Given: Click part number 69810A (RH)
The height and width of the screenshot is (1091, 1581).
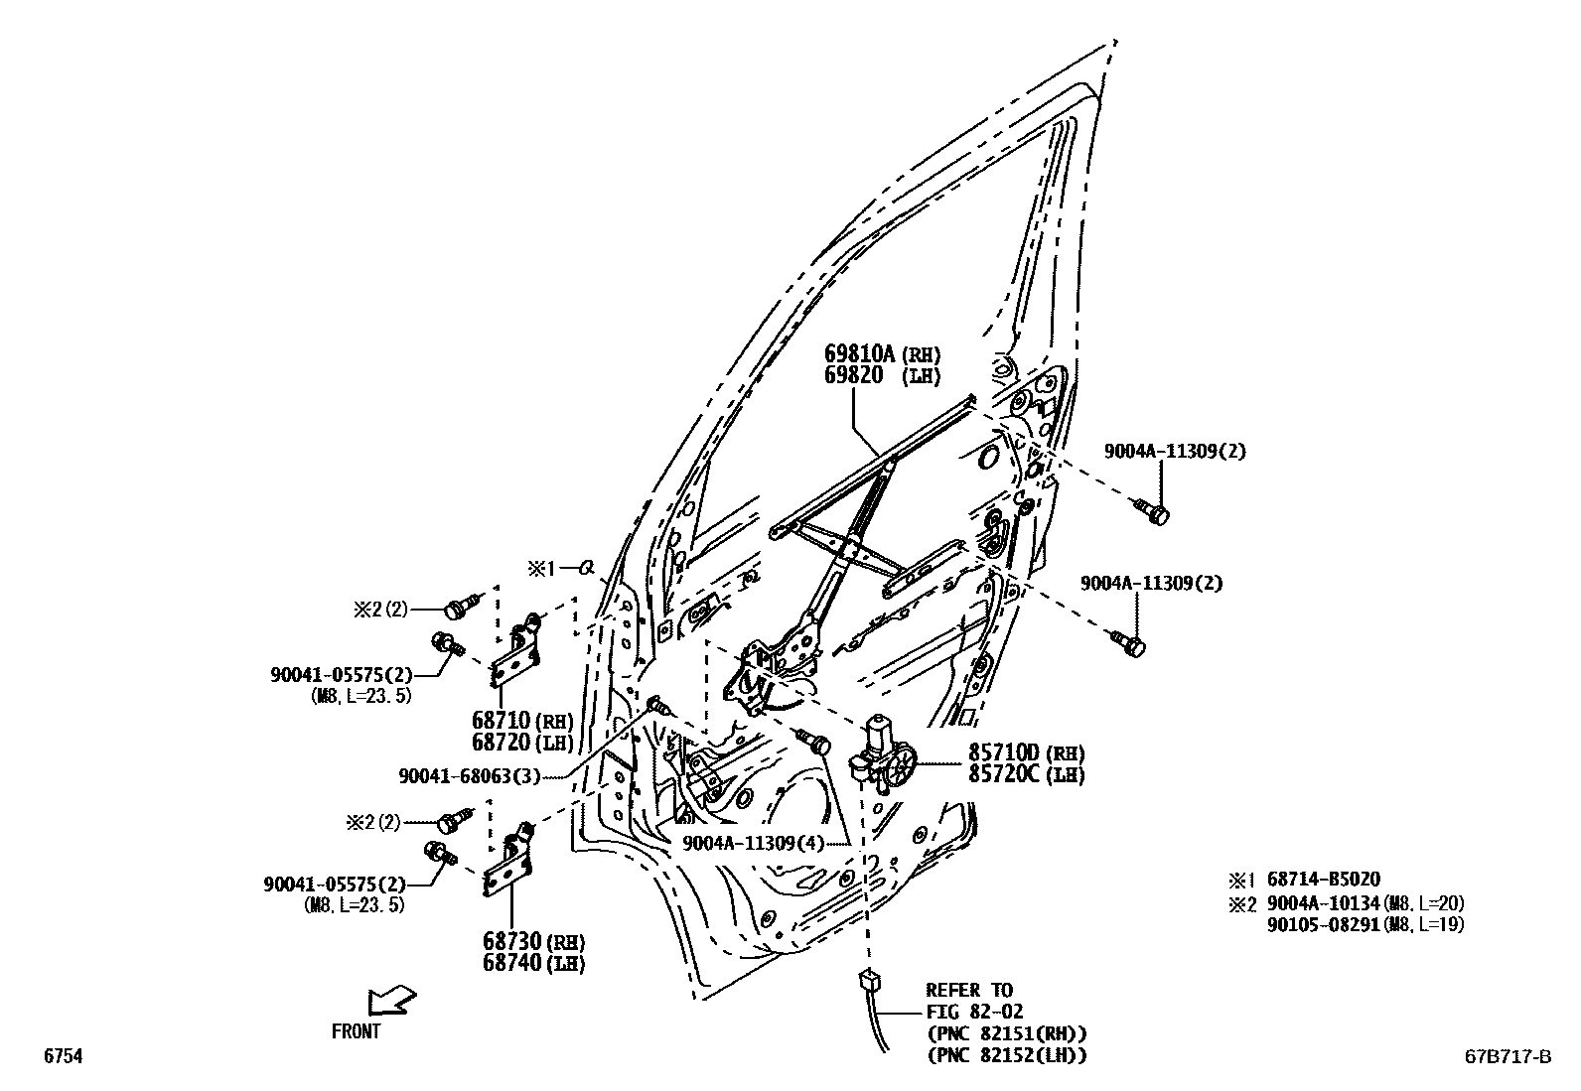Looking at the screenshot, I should coord(881,353).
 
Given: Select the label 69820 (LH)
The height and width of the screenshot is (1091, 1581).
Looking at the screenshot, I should coord(881,375).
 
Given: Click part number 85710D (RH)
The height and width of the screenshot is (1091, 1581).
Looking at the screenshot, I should coord(1026,753).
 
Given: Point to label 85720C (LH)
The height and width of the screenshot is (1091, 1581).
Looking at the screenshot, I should coord(1026,774).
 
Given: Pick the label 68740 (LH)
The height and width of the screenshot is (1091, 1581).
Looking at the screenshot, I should coord(533,962).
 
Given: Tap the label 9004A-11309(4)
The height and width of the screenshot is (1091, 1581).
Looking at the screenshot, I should coord(754,843).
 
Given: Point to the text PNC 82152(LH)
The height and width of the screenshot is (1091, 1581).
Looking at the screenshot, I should coord(1006,1055).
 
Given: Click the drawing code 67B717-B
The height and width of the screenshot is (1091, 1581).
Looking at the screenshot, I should coord(1505,1057).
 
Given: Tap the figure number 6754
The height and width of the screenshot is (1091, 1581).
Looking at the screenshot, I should coord(62,1057).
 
